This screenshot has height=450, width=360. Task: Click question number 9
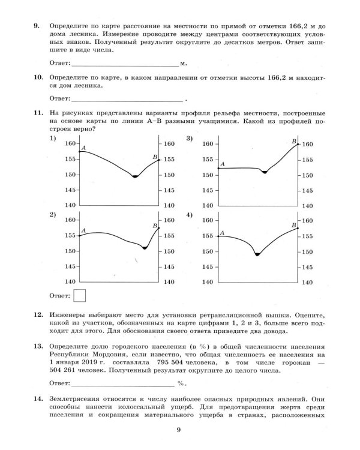[x=37, y=26]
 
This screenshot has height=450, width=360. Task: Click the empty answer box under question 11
[x=79, y=295]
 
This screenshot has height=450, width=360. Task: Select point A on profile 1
[x=81, y=151]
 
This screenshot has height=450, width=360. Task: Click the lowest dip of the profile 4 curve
[x=257, y=254]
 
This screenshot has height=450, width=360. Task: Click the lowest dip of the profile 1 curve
[x=135, y=176]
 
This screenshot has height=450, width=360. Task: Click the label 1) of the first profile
[x=53, y=139]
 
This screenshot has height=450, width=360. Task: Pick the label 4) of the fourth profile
[x=189, y=215]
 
